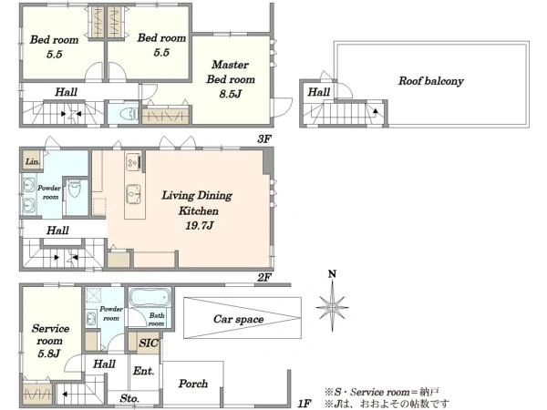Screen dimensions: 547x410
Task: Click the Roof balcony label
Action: pyautogui.click(x=431, y=81)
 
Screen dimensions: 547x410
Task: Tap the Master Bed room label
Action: pyautogui.click(x=231, y=72)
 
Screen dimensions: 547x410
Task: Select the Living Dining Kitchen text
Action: pyautogui.click(x=198, y=203)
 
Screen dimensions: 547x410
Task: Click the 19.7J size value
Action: pyautogui.click(x=199, y=226)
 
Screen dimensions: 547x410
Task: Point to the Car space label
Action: pyautogui.click(x=239, y=319)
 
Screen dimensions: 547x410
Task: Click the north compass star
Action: pyautogui.click(x=332, y=308)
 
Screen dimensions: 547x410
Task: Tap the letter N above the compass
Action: pyautogui.click(x=332, y=274)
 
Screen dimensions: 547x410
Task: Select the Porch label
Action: pyautogui.click(x=193, y=384)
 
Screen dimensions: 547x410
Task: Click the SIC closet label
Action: pyautogui.click(x=149, y=343)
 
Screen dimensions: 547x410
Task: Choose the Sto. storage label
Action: pyautogui.click(x=129, y=398)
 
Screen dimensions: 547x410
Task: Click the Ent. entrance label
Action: pyautogui.click(x=144, y=371)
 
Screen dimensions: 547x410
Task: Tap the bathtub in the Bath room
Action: pyautogui.click(x=150, y=297)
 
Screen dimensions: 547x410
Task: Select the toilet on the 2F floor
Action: pyautogui.click(x=75, y=189)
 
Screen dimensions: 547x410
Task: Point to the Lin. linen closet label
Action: pyautogui.click(x=33, y=162)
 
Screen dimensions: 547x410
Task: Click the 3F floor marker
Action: pyautogui.click(x=264, y=139)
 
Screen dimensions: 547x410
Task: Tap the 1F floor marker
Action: pyautogui.click(x=304, y=404)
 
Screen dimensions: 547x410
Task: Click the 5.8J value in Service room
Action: pyautogui.click(x=49, y=354)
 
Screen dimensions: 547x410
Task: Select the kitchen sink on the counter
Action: pyautogui.click(x=134, y=193)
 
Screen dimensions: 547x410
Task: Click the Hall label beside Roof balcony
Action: pyautogui.click(x=319, y=92)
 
